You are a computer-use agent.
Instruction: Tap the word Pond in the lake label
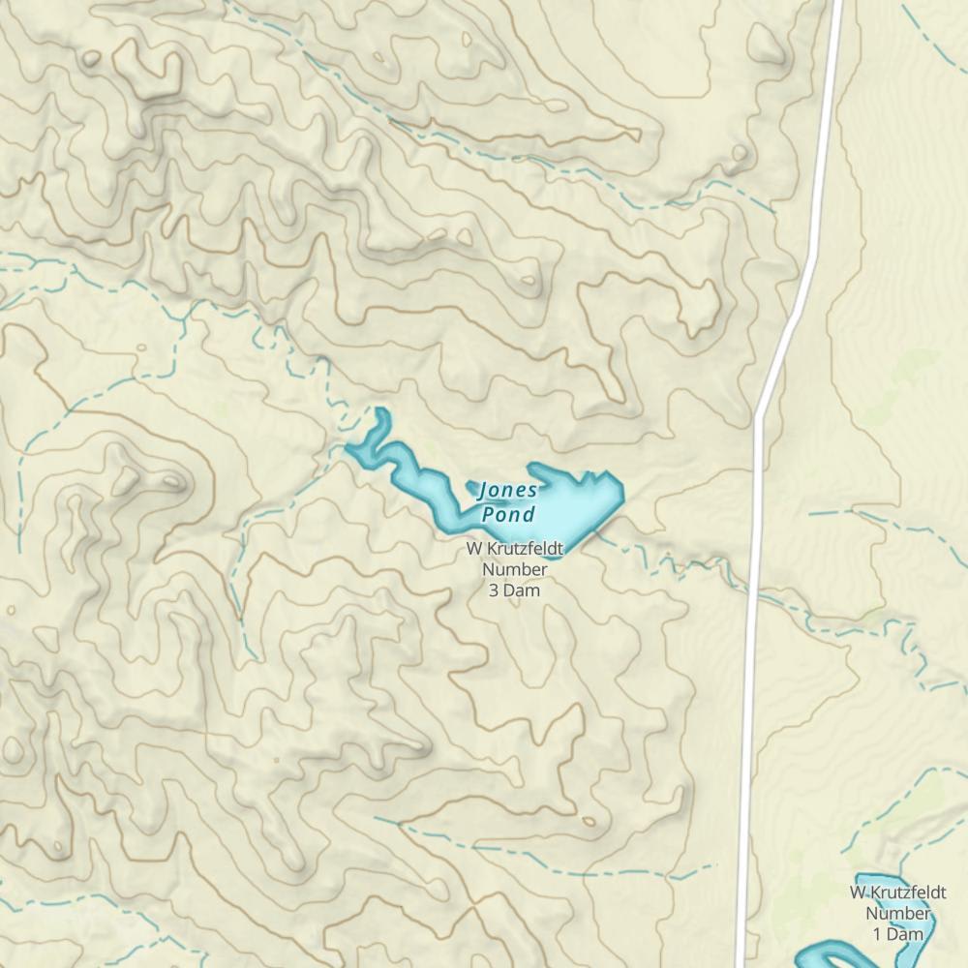point(507,513)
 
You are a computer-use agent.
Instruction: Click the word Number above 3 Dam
point(514,570)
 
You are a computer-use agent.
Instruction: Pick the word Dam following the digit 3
point(523,590)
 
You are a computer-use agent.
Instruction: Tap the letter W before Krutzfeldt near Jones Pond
point(474,550)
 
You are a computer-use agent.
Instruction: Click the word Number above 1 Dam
point(897,913)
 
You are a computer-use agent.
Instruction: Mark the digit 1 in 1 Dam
point(878,933)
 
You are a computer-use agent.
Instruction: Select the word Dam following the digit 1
point(906,933)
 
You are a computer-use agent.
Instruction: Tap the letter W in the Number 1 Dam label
point(858,892)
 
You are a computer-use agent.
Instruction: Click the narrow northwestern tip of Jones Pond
point(382,414)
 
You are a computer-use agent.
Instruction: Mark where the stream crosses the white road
point(754,590)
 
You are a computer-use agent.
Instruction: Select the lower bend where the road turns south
point(761,411)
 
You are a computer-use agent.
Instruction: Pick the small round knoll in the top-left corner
point(91,59)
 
